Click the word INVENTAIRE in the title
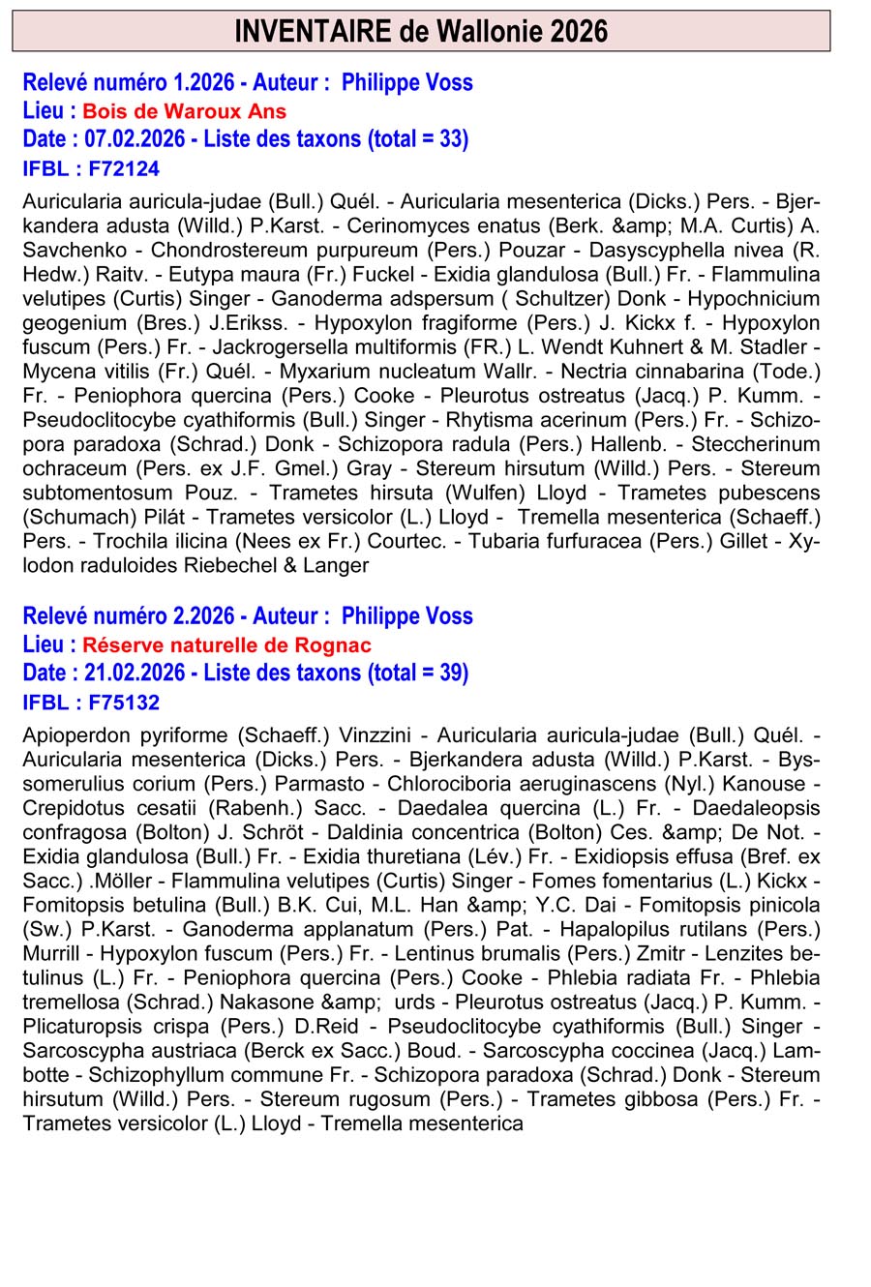(x=313, y=32)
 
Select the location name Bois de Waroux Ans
(x=184, y=111)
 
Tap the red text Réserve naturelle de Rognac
(x=226, y=645)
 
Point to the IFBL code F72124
(x=123, y=169)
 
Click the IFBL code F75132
(x=123, y=703)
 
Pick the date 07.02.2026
(x=135, y=139)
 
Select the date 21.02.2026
(x=135, y=673)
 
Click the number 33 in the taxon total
(x=450, y=139)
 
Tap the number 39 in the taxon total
(x=450, y=673)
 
